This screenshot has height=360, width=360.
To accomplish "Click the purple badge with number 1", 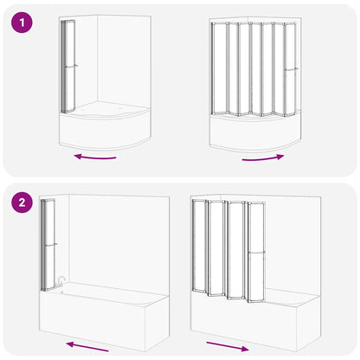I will point(22,23).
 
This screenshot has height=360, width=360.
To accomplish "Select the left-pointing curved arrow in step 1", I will point(95,157).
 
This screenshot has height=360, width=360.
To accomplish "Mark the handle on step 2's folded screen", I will point(52,244).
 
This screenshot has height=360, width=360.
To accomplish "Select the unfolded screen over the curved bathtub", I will point(254,69).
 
